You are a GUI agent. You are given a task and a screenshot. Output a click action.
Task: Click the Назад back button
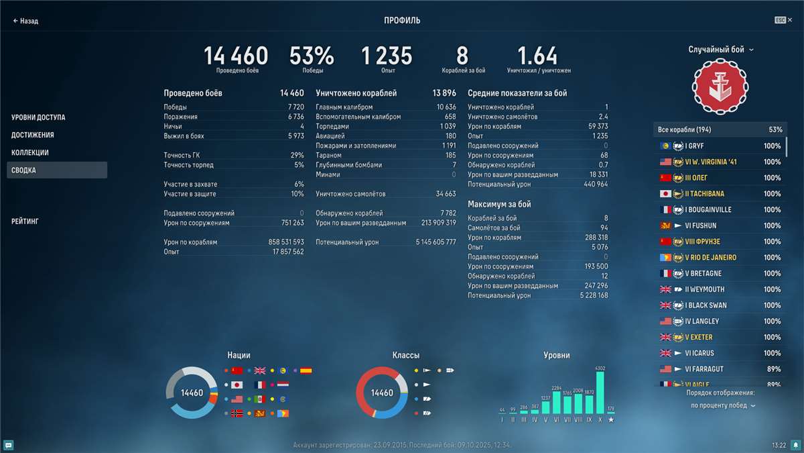[x=25, y=21]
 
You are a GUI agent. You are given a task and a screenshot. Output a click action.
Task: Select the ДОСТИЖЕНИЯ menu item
[x=33, y=135]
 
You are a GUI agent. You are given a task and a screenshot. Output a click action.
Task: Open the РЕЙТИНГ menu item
[x=25, y=221]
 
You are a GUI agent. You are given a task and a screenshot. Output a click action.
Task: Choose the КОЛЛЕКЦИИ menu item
[x=30, y=152]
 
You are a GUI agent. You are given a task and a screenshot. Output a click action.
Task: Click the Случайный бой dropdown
[x=721, y=50]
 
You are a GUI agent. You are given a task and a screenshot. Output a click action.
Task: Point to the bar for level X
[x=600, y=393]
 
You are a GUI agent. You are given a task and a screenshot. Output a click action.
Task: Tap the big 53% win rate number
[x=312, y=56]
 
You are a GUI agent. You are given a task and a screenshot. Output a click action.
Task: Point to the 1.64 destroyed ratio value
[x=537, y=56]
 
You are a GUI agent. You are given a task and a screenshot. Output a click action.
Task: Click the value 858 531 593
[x=286, y=242]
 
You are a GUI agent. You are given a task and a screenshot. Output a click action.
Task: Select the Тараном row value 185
[x=450, y=155]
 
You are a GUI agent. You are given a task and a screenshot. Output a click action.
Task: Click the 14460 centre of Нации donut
[x=192, y=393]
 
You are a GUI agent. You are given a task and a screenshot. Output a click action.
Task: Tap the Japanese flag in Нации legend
[x=236, y=385]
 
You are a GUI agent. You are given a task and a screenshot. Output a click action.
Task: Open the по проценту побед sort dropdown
[x=722, y=405]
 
